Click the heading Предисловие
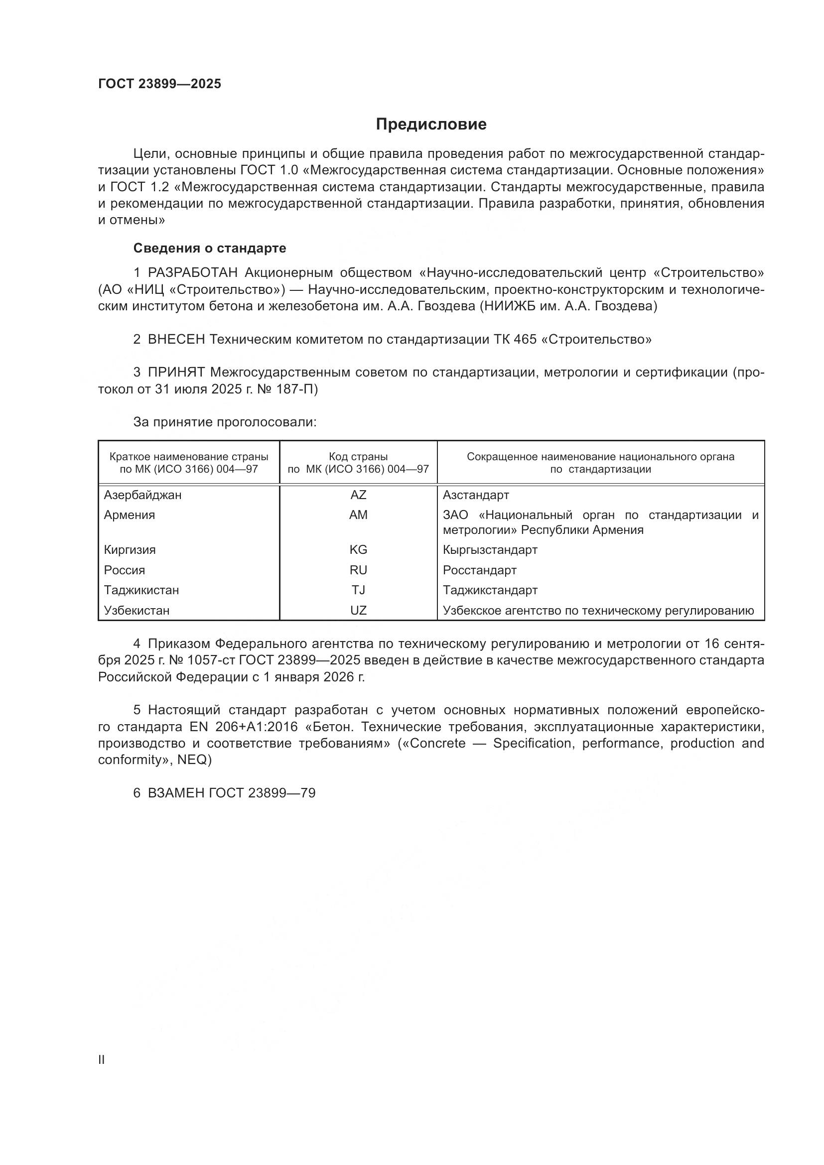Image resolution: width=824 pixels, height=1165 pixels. [431, 125]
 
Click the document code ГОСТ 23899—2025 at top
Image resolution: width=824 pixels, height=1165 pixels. [160, 84]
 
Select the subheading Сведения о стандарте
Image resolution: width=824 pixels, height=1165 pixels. [210, 248]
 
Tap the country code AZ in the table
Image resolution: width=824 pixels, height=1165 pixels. [358, 495]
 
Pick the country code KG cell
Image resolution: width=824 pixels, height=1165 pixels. [358, 549]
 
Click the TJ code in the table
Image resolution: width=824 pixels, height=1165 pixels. [358, 590]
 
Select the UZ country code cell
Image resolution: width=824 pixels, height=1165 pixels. [358, 610]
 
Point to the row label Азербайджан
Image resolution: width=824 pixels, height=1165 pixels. [142, 495]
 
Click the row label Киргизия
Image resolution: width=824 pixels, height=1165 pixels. [130, 549]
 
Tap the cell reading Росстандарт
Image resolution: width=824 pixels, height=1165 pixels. [479, 570]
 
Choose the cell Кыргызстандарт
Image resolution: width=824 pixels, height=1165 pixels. [490, 549]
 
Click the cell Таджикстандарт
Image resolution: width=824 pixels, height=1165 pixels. [490, 590]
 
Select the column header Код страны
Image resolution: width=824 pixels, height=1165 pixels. [358, 457]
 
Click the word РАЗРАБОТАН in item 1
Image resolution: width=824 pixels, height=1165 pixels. [193, 273]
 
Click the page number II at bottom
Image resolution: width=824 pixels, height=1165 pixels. [102, 1059]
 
